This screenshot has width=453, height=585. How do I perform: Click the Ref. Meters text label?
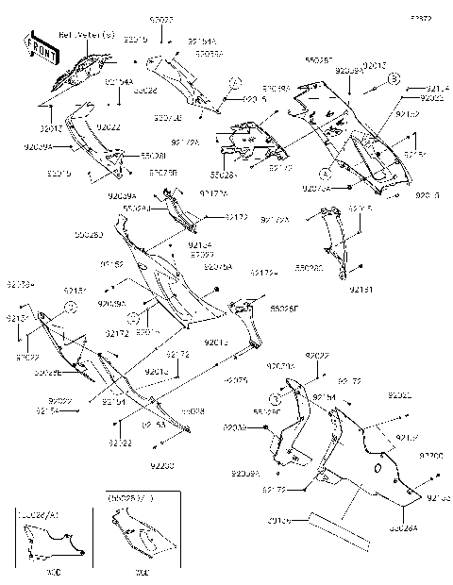coord(88,35)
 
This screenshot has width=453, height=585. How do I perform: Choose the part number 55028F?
coord(281,308)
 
